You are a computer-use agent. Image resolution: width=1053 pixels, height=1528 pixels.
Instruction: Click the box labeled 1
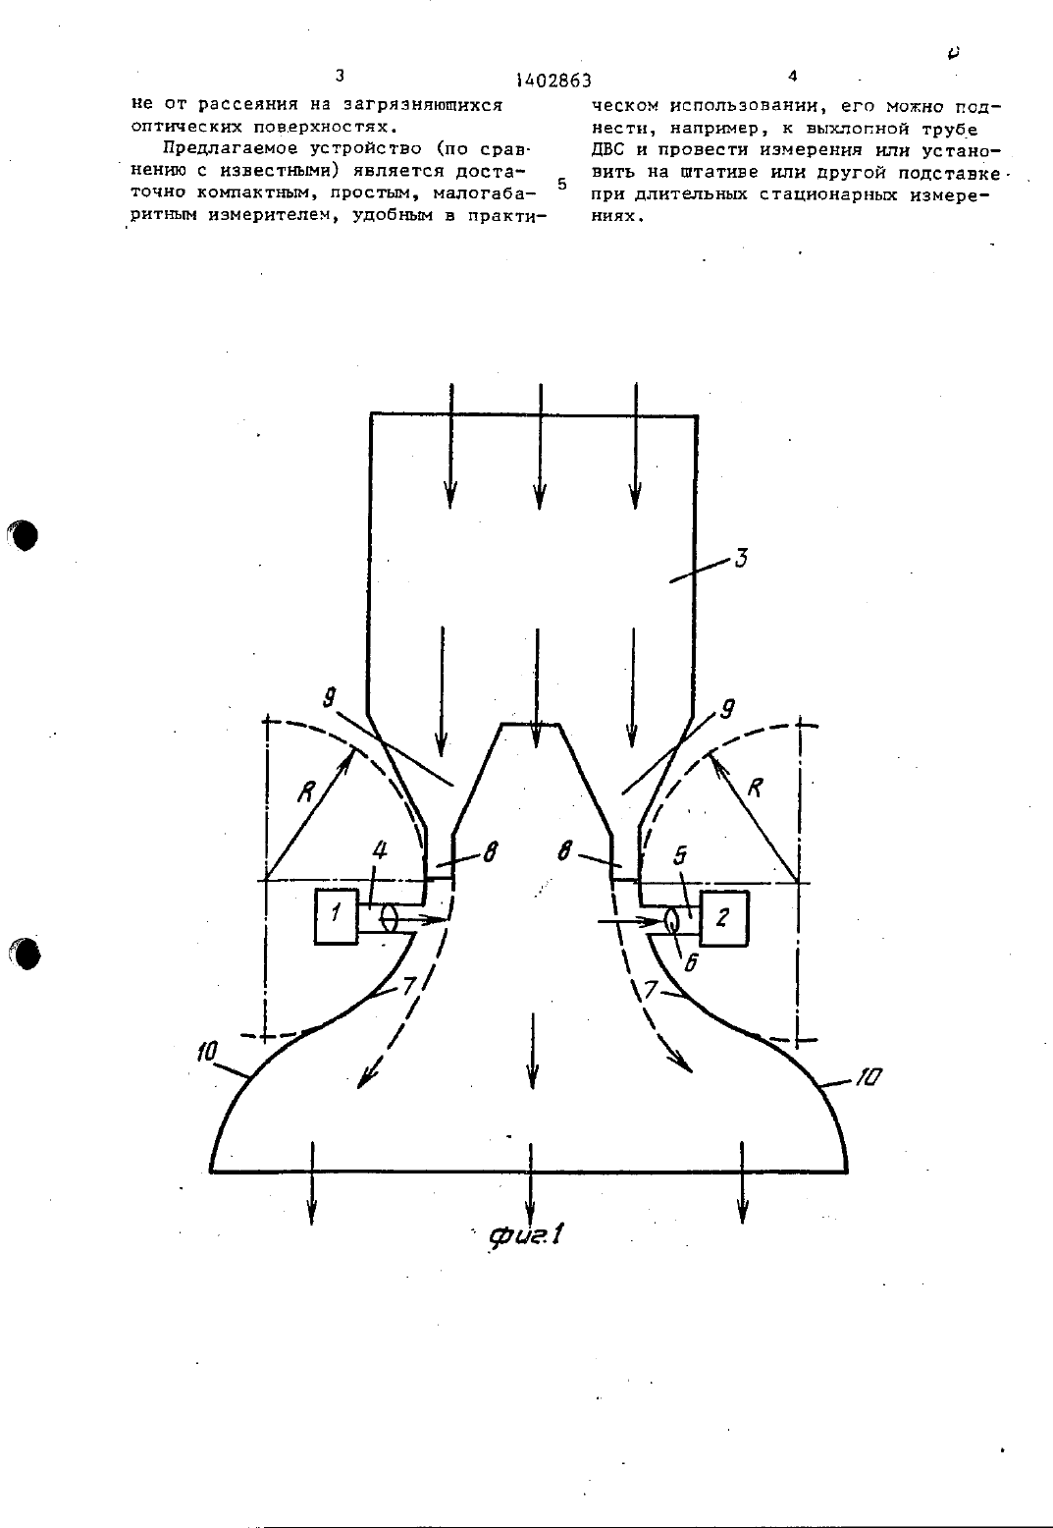coord(336,916)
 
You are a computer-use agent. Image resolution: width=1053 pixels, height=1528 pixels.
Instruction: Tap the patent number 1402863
coord(553,81)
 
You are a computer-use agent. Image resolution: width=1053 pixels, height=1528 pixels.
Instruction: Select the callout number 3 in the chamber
coord(741,558)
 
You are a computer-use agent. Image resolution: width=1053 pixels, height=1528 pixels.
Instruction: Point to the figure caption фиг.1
coord(527,1234)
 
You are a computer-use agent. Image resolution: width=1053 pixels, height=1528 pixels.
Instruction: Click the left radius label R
coord(307,791)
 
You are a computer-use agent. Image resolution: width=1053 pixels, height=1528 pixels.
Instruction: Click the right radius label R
coord(755,788)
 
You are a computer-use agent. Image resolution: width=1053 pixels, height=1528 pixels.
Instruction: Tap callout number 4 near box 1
coord(381,850)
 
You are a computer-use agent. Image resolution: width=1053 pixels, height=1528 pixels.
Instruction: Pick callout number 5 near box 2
coord(680,855)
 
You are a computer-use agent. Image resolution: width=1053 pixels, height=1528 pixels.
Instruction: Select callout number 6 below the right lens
coord(691,961)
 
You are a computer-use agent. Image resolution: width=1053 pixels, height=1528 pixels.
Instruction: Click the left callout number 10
coord(206,1052)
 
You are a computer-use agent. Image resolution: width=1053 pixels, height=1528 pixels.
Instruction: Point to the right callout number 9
coord(727,709)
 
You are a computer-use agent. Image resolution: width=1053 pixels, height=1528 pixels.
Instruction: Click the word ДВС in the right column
coord(607,149)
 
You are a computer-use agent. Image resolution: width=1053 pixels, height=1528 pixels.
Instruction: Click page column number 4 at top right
coord(792,77)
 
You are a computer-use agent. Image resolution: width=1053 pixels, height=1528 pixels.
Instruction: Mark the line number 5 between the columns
coord(562,184)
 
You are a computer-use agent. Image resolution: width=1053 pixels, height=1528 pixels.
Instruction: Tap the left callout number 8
coord(491,851)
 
